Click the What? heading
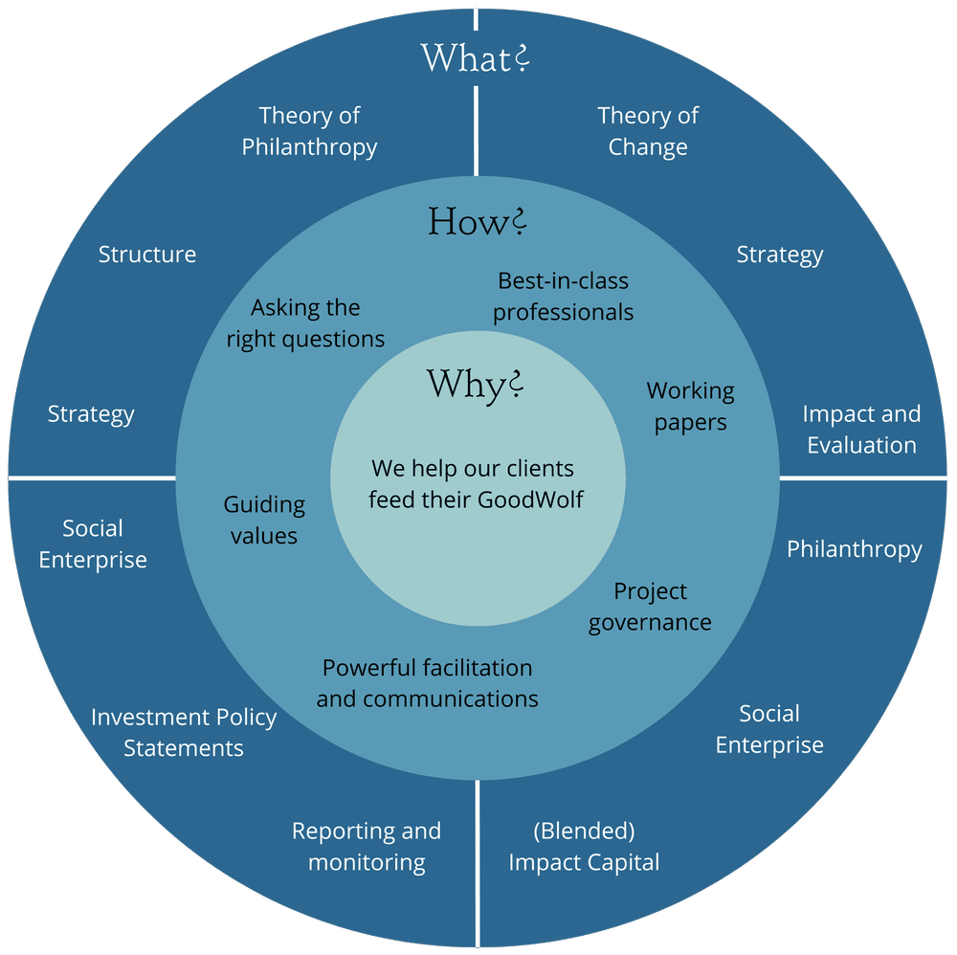pyautogui.click(x=475, y=57)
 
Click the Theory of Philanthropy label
pyautogui.click(x=309, y=131)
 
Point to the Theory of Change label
pyautogui.click(x=648, y=131)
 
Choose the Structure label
pyautogui.click(x=147, y=255)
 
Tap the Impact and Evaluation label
pyautogui.click(x=861, y=430)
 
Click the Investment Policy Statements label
pyautogui.click(x=184, y=732)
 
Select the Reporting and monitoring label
pyautogui.click(x=367, y=846)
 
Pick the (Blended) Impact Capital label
pyautogui.click(x=584, y=846)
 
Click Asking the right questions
pyautogui.click(x=305, y=323)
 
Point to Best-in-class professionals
pyautogui.click(x=563, y=297)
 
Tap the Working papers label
pyautogui.click(x=690, y=406)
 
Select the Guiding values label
pyautogui.click(x=264, y=520)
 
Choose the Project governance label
pyautogui.click(x=650, y=607)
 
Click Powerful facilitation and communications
pyautogui.click(x=427, y=683)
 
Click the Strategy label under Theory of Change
pyautogui.click(x=780, y=255)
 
